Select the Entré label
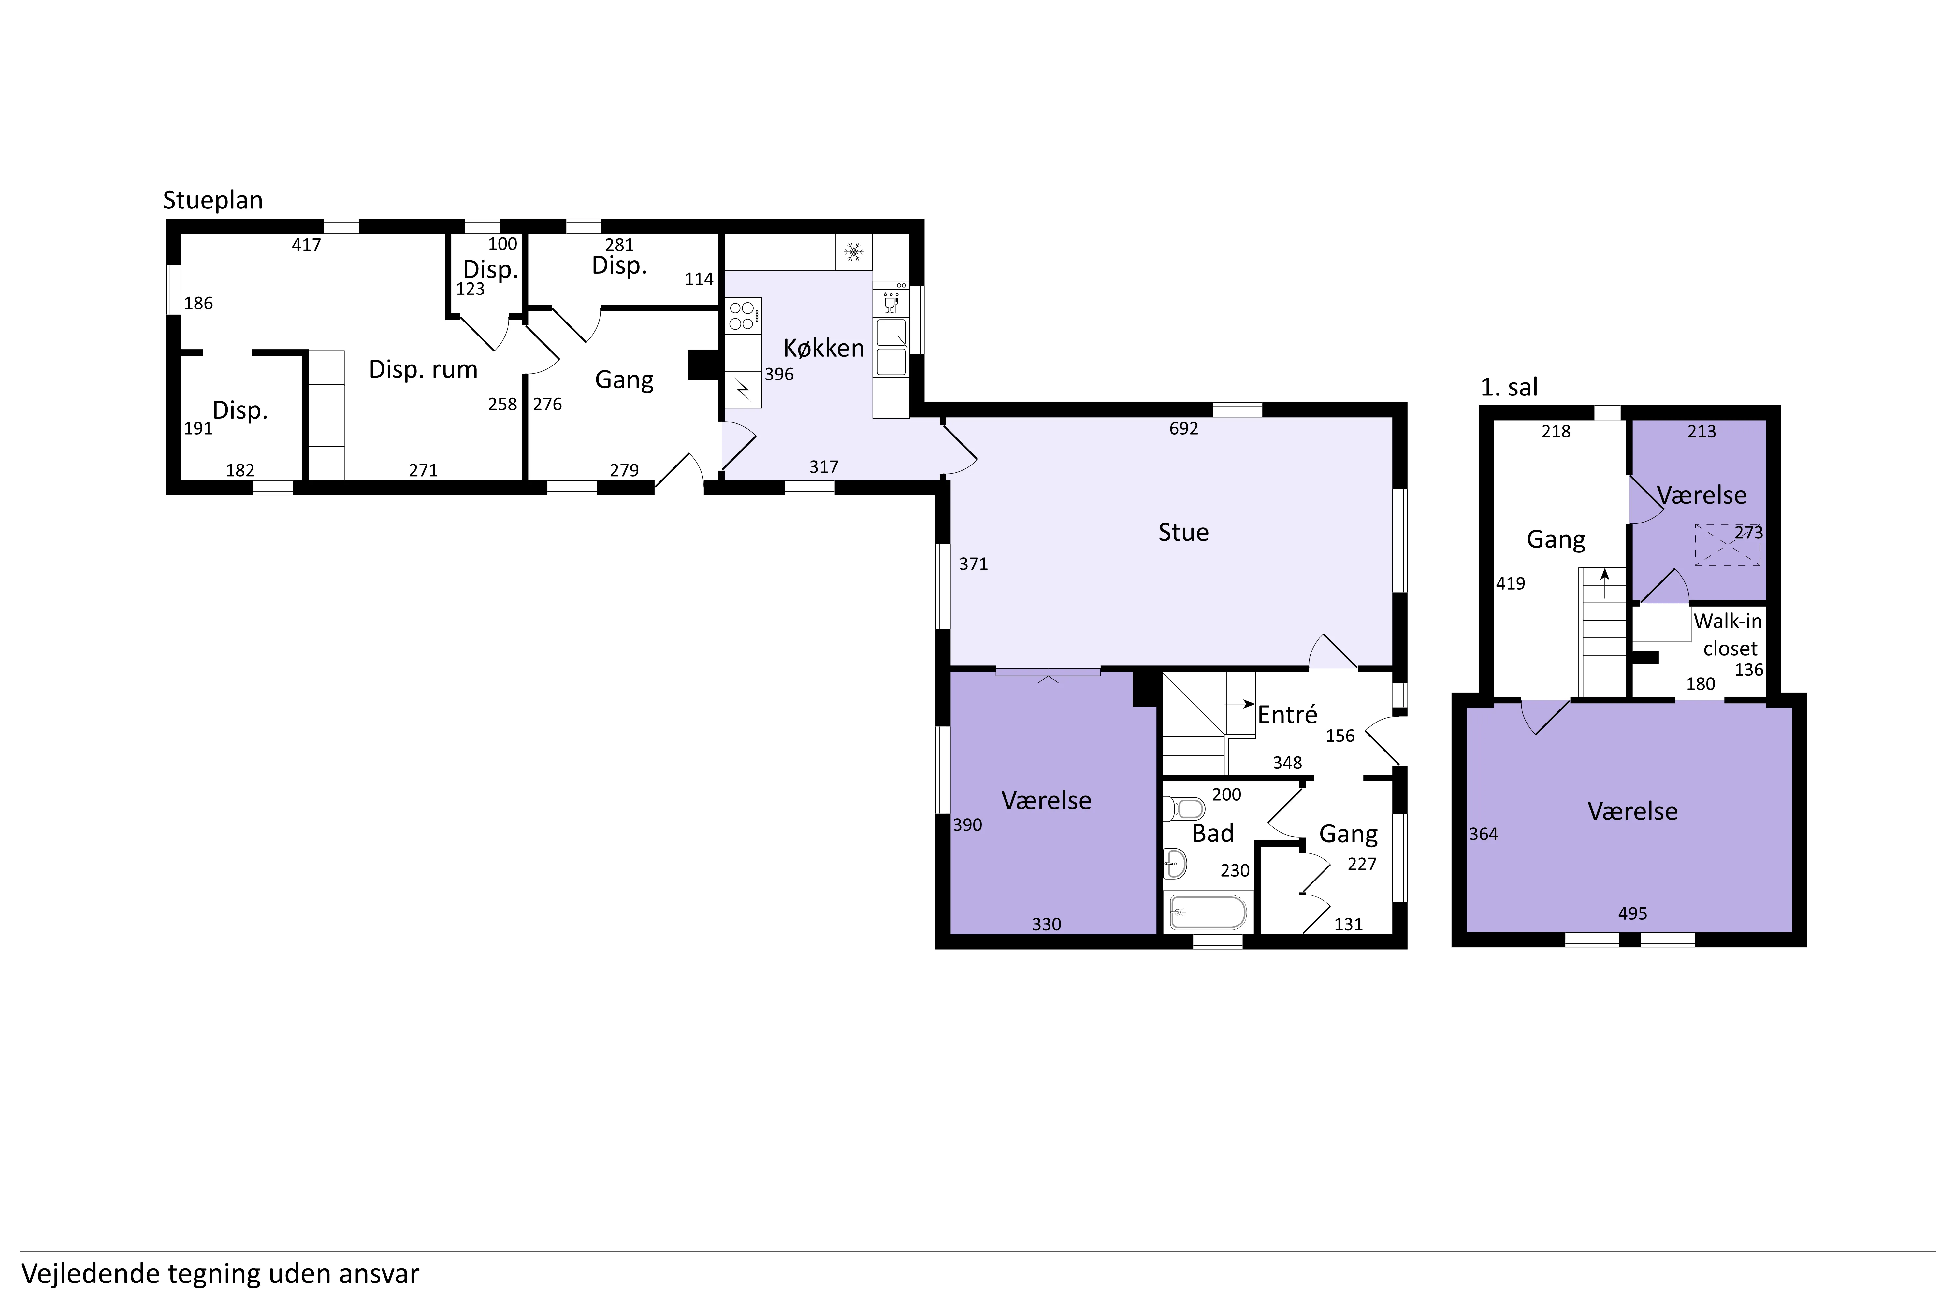coord(1288,715)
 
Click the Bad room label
coord(1213,833)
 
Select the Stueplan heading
coord(213,200)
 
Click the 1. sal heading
coord(1510,387)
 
